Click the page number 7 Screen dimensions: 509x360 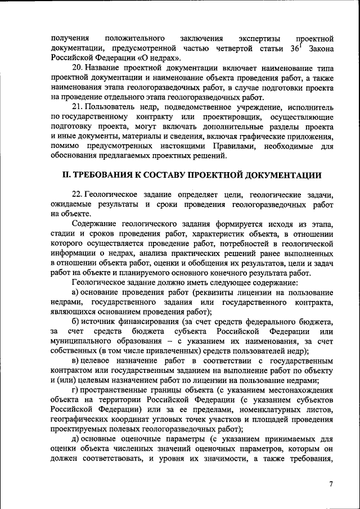tap(331, 485)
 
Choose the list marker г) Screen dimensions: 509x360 tap(76, 390)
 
